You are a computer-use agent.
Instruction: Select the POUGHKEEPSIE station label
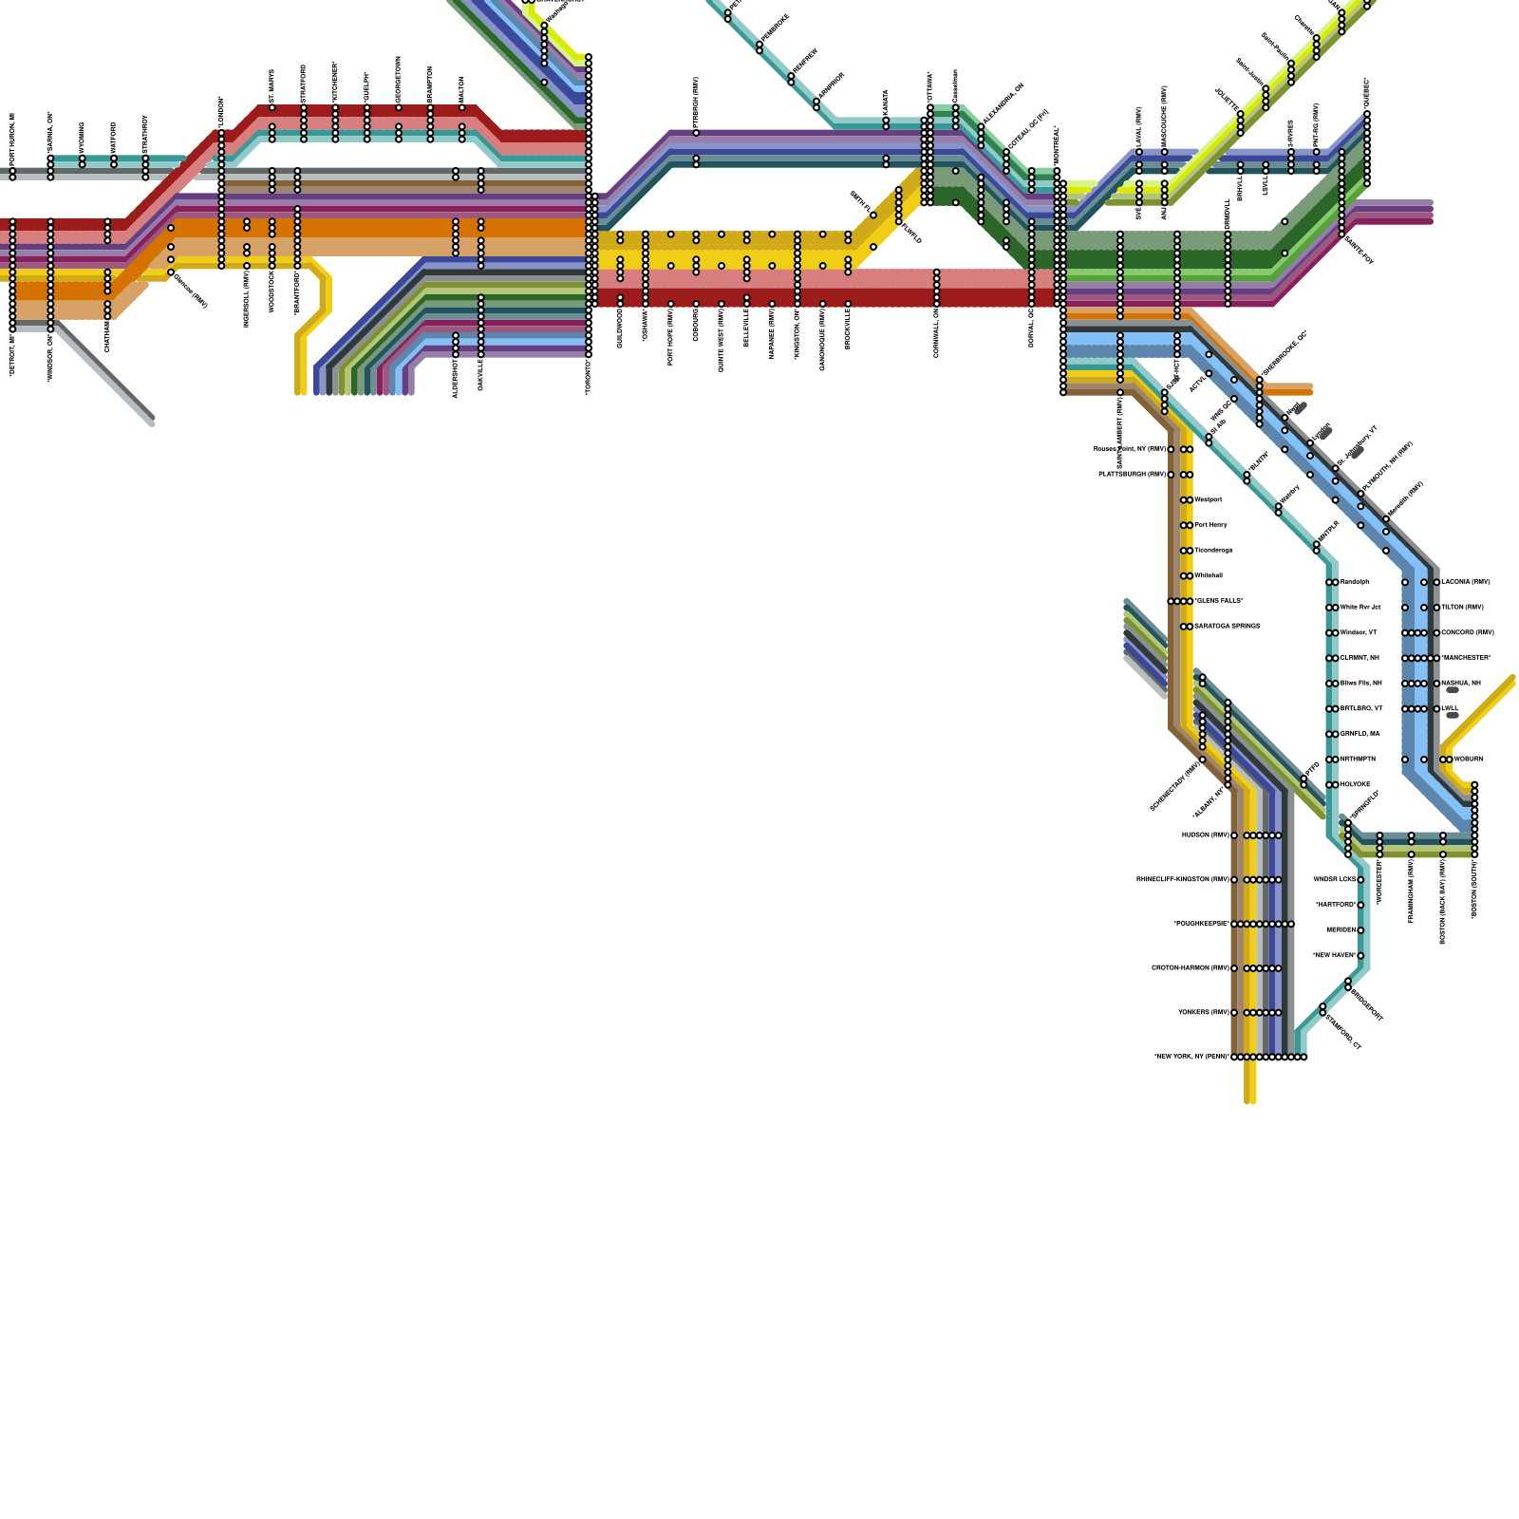[x=1201, y=924]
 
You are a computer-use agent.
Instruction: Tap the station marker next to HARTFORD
[x=1360, y=905]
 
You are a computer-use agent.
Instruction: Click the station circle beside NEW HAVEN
[x=1360, y=956]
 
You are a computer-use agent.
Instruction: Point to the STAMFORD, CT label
[x=1343, y=1031]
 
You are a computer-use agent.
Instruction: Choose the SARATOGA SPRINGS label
[x=1227, y=627]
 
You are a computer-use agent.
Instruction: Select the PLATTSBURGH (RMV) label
[x=1132, y=475]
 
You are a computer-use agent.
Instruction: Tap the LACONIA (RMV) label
[x=1466, y=582]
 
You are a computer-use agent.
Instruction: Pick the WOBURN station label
[x=1468, y=759]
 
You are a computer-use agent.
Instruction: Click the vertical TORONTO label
[x=589, y=376]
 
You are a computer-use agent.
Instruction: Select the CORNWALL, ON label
[x=937, y=332]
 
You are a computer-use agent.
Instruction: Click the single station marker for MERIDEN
[x=1360, y=930]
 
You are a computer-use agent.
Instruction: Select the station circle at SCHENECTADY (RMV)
[x=1203, y=759]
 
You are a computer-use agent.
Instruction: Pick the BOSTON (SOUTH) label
[x=1474, y=889]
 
